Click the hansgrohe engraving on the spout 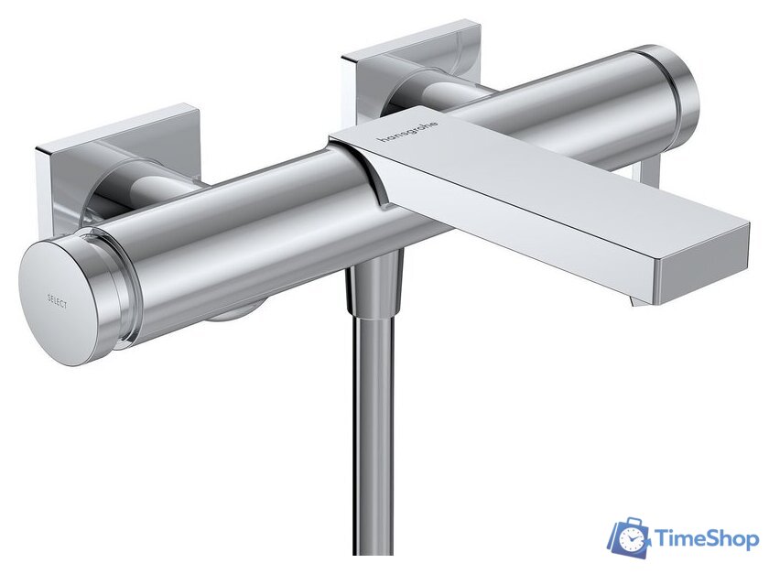[x=408, y=135]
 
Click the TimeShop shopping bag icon [x=631, y=538]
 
